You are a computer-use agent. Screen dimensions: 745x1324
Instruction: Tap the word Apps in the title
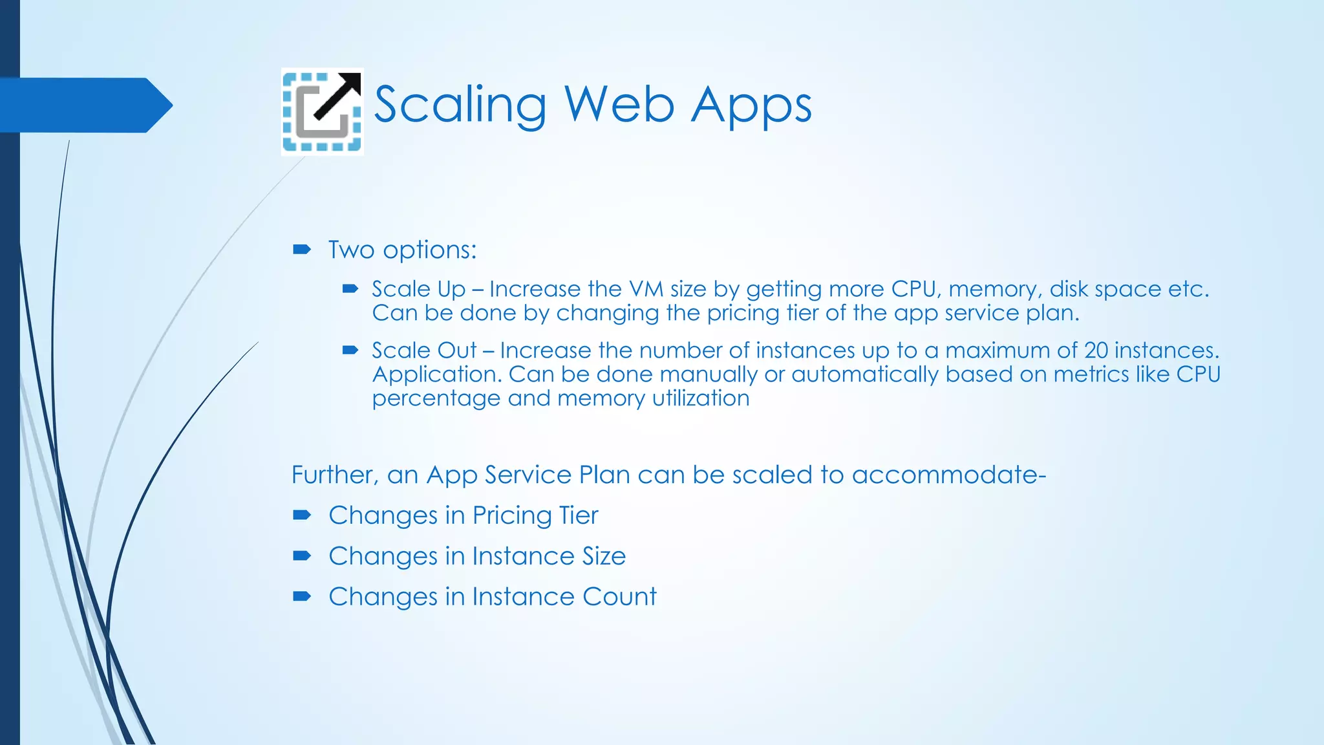[x=751, y=105]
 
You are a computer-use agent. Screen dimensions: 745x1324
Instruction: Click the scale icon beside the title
[x=322, y=112]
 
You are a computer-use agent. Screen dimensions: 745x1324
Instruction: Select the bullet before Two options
[x=301, y=250]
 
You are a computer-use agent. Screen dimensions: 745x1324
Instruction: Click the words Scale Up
[x=418, y=289]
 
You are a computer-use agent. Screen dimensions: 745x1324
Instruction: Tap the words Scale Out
[x=424, y=351]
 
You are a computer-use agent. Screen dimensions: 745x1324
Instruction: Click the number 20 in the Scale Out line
[x=1096, y=351]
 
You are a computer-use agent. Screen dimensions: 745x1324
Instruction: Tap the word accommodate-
[x=948, y=475]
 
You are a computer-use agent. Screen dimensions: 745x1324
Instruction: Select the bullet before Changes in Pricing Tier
[x=301, y=515]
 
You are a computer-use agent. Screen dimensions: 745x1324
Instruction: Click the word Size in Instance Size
[x=604, y=556]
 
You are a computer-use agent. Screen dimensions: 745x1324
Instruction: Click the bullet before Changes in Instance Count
[x=301, y=596]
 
